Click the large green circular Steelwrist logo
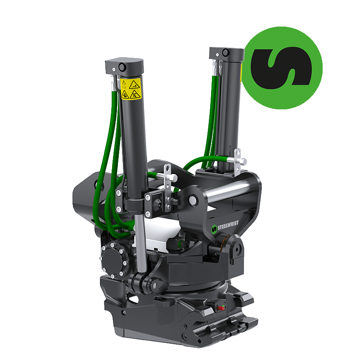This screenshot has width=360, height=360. pos(282,68)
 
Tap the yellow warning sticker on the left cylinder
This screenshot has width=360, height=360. pos(130,89)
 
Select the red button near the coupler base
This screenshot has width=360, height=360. pos(221,308)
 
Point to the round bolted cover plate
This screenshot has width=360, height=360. pos(113,260)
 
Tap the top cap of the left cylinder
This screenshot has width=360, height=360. pos(124,67)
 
